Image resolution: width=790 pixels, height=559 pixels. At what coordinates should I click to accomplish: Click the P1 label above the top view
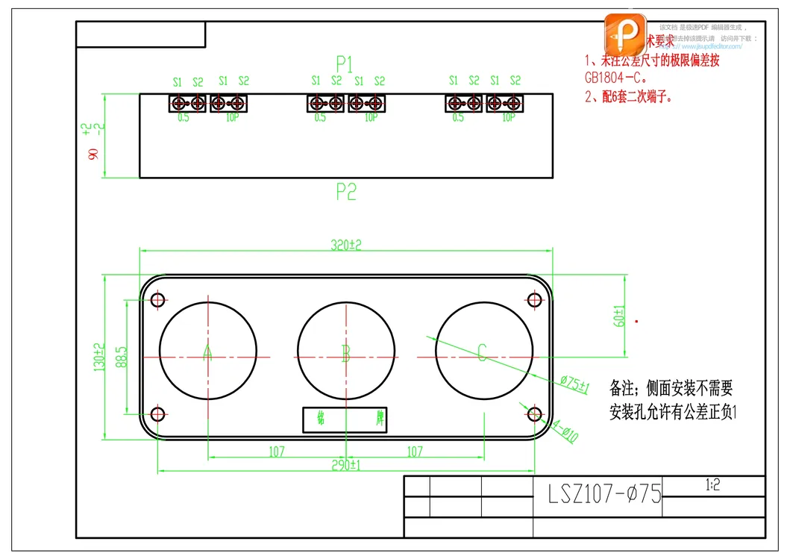(345, 63)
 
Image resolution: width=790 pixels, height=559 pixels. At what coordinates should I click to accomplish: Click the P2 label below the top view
(345, 192)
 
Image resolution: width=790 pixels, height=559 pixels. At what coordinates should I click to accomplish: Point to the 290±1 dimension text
(346, 465)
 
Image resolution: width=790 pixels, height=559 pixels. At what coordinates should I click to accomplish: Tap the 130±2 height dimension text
(98, 357)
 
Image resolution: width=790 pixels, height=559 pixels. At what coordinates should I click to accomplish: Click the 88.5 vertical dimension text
(122, 356)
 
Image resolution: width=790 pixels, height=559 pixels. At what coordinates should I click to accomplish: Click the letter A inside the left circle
(207, 352)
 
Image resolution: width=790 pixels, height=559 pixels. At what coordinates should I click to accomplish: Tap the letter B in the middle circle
(345, 353)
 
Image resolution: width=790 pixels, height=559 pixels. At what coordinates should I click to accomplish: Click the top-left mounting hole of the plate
(157, 300)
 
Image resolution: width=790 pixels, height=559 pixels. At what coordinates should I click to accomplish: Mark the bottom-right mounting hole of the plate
(534, 414)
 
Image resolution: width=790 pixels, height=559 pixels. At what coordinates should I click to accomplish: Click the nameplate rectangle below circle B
(345, 419)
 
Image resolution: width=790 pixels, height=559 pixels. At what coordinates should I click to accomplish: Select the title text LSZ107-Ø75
(605, 494)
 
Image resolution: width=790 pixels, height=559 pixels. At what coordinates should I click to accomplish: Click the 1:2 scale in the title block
(712, 485)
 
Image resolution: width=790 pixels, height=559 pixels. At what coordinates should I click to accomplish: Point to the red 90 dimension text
(93, 154)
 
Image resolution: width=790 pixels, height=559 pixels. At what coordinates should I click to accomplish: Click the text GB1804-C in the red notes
(616, 77)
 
